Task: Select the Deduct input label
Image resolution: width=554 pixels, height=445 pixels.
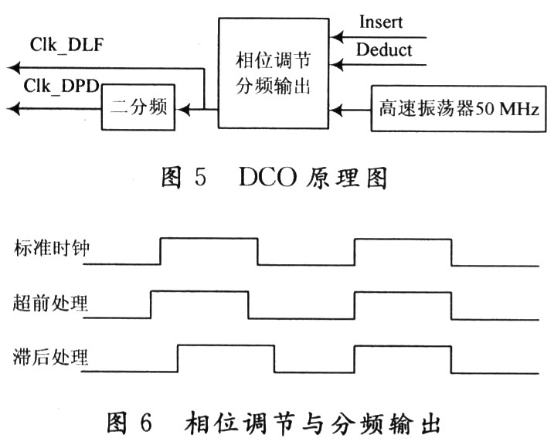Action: pyautogui.click(x=385, y=51)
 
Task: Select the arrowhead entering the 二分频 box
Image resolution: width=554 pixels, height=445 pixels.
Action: pyautogui.click(x=177, y=109)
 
